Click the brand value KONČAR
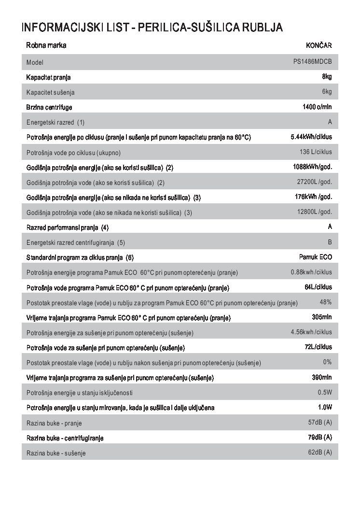coord(318,46)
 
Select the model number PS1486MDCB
coord(312,62)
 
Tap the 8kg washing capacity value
coord(327,76)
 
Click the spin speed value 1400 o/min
coord(317,107)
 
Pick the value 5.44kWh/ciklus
coord(311,137)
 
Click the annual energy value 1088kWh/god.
coord(313,167)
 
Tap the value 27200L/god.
coord(314,182)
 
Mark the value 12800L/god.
coord(314,212)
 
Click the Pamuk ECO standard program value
coord(316,257)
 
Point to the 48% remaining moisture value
coord(325,302)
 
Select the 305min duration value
coord(321,317)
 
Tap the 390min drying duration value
coord(321,377)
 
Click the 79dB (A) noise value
coord(320,437)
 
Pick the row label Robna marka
coord(46,46)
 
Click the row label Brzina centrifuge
coord(49,107)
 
